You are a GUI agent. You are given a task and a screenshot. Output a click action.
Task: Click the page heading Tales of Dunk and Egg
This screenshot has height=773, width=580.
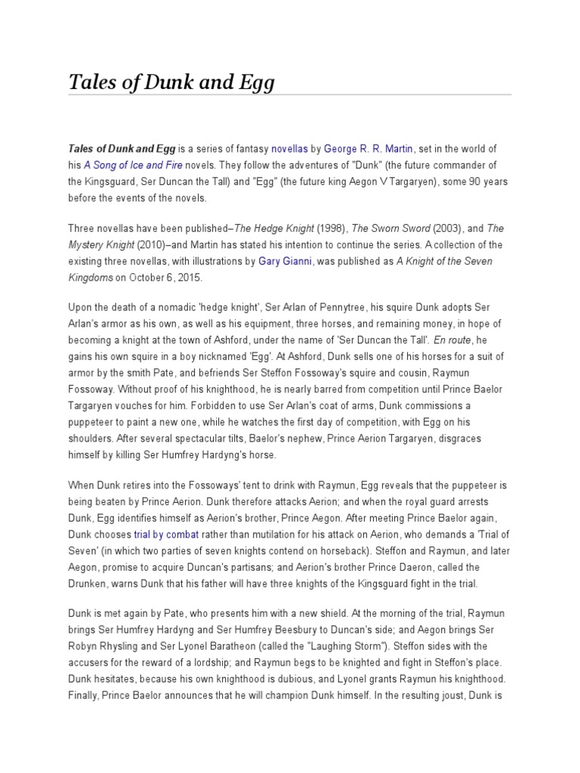point(171,80)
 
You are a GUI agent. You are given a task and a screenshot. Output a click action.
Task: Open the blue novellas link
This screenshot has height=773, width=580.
point(289,149)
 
